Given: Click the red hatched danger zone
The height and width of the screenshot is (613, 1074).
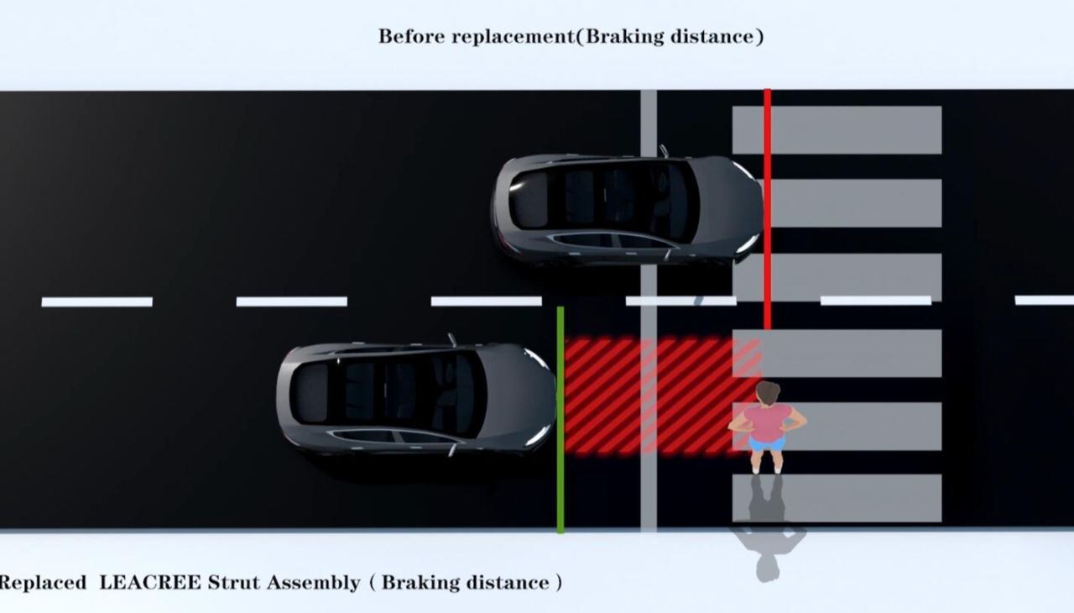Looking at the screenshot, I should [646, 395].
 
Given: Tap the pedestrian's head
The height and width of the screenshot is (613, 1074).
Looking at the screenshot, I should [768, 392].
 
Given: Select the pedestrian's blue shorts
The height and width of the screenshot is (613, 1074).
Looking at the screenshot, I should [767, 443].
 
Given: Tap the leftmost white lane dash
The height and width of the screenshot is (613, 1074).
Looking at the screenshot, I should [96, 301].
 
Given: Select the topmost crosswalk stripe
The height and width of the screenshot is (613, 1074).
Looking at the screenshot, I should [837, 129].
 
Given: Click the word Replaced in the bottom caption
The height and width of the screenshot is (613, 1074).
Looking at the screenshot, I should [42, 582].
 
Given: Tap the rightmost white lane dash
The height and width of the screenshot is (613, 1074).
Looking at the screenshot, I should [1044, 300].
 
